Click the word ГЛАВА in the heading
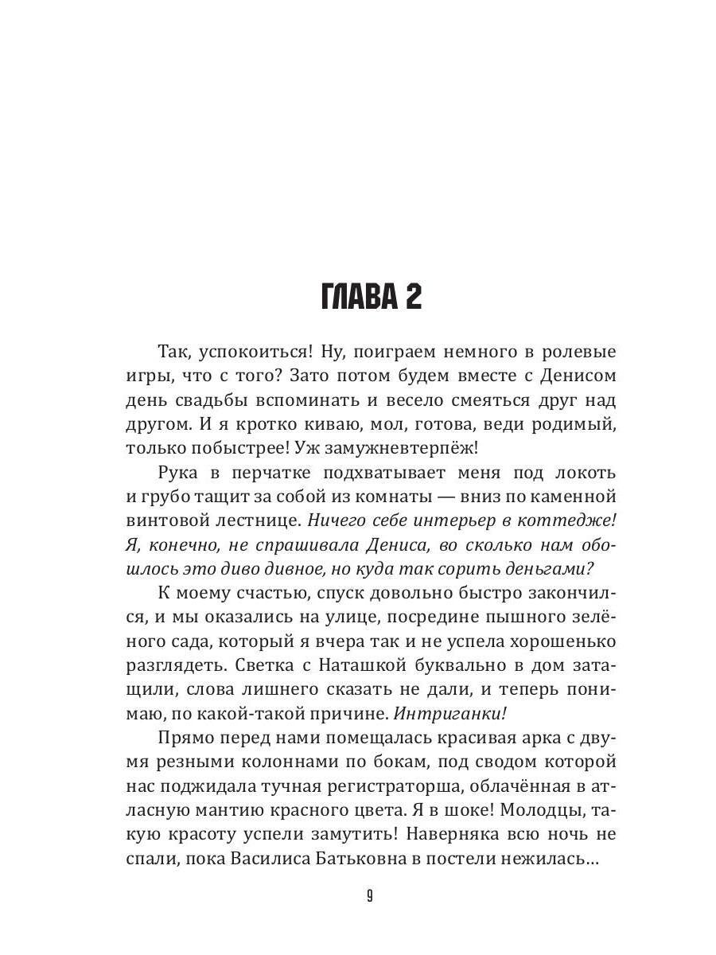click(x=356, y=298)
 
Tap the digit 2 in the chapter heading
click(x=411, y=298)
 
